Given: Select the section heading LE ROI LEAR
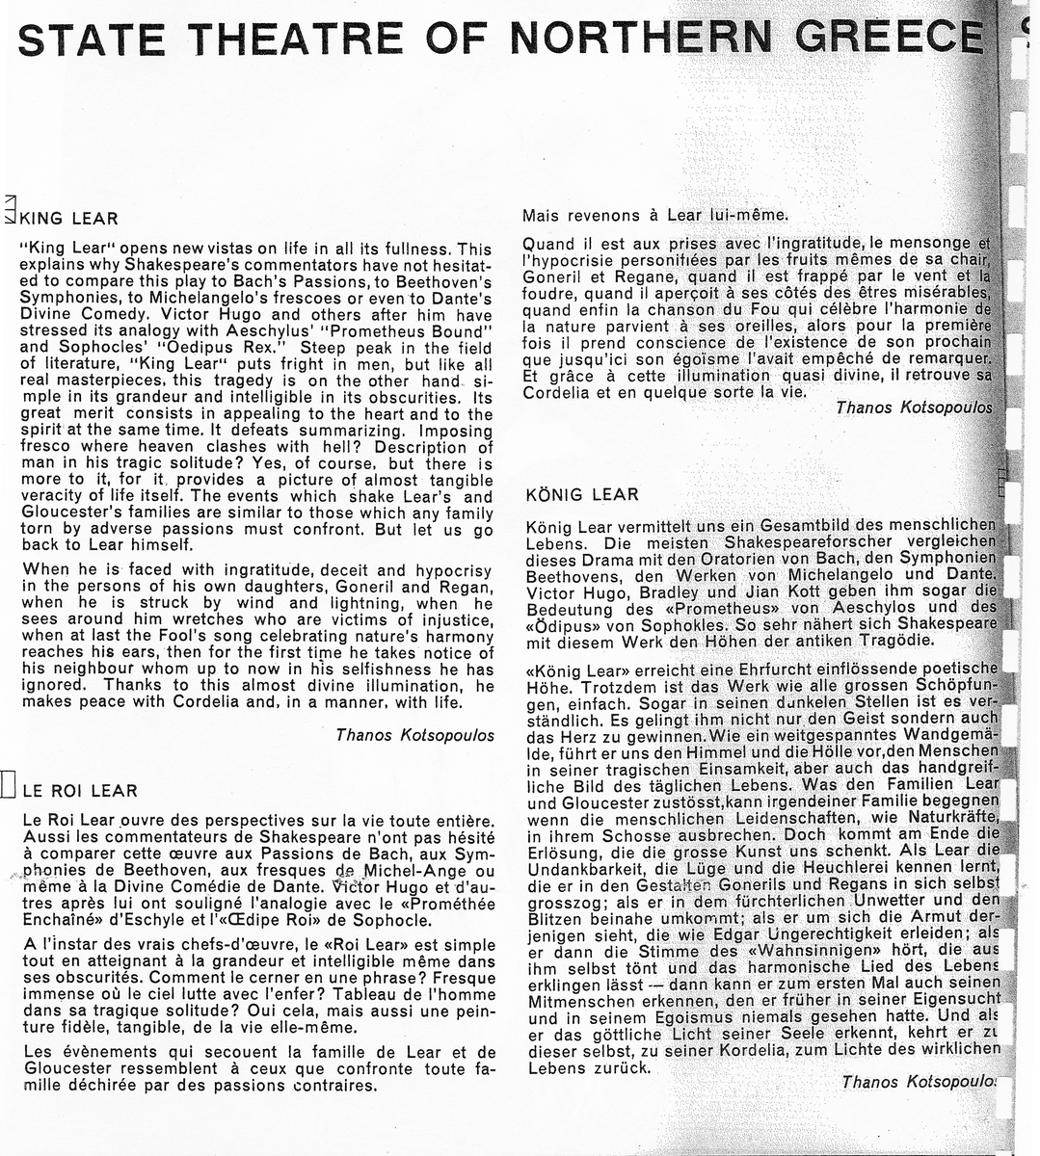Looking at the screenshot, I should pos(79,791).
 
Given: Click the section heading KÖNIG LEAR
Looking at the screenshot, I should pos(582,495).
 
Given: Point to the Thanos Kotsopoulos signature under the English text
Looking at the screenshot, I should pos(414,735).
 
